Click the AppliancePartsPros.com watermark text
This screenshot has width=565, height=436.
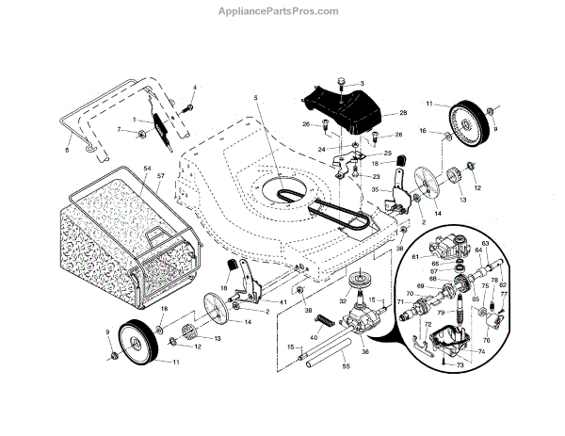tap(282, 10)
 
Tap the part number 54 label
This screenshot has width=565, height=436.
tap(146, 168)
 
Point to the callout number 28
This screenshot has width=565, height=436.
tap(402, 113)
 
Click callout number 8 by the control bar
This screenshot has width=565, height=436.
tap(67, 150)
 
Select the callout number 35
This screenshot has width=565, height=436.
tap(374, 188)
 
